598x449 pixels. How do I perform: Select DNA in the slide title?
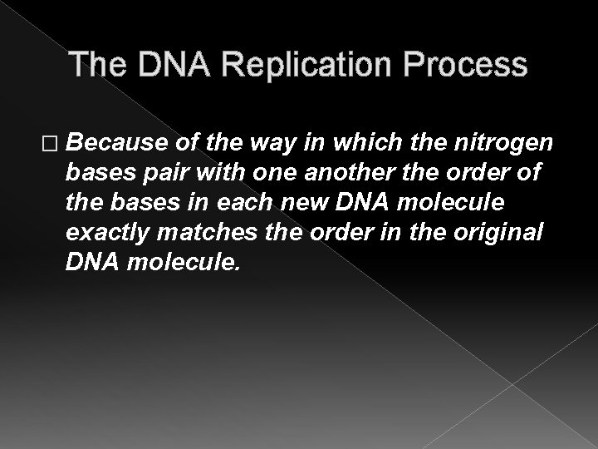[157, 66]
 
